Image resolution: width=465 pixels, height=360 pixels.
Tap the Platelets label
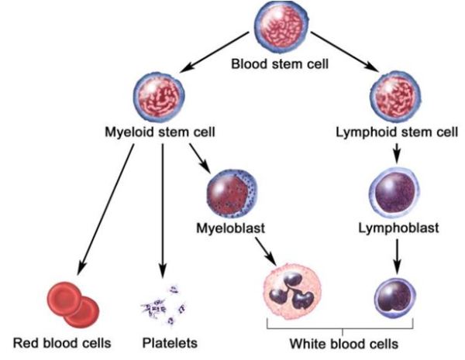coord(170,341)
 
